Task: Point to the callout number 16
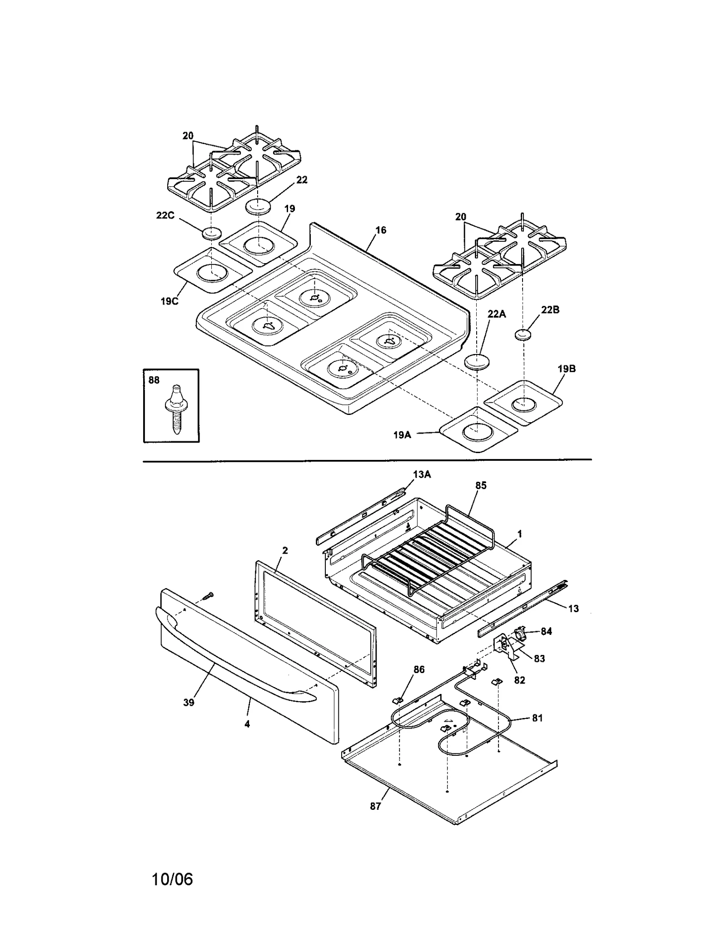pos(381,230)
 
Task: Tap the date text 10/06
pos(172,879)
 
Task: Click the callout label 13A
pos(422,474)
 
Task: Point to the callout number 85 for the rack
pos(481,485)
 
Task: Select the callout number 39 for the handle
pos(189,702)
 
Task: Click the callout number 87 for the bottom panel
pos(375,806)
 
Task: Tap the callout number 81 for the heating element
pos(538,718)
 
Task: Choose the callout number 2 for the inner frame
pos(285,550)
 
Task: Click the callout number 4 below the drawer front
pos(247,724)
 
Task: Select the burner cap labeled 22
pos(259,207)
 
